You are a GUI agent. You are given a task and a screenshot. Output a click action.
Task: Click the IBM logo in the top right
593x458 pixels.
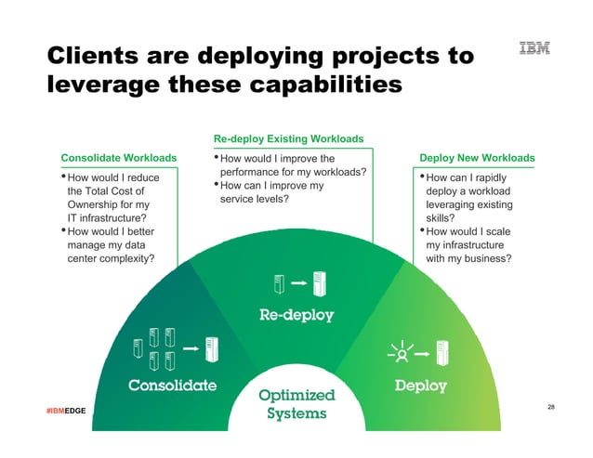tap(534, 49)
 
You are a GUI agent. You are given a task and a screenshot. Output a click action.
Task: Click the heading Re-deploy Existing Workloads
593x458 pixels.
tap(288, 139)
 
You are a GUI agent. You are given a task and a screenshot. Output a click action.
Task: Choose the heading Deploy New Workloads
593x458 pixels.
tap(477, 158)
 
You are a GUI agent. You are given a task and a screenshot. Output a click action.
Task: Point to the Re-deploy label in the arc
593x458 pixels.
tap(296, 315)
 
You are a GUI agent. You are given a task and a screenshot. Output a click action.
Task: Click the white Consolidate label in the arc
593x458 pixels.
tap(172, 385)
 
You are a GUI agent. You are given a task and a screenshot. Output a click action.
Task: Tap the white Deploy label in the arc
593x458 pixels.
tap(420, 385)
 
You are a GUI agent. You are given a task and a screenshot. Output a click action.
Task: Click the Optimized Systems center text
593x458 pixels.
tap(296, 405)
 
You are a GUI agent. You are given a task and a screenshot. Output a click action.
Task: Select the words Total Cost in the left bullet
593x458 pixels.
tap(118, 191)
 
